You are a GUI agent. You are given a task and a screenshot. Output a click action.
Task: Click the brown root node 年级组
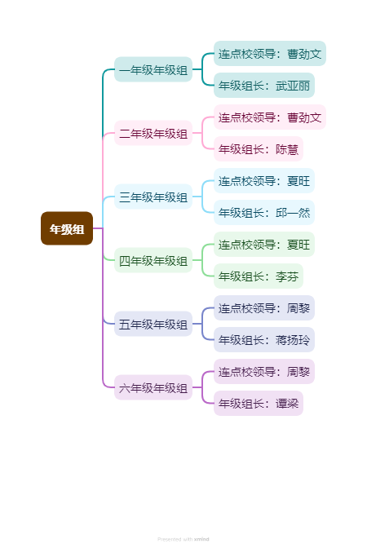pos(67,228)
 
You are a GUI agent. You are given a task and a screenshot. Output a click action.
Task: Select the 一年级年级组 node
pos(153,69)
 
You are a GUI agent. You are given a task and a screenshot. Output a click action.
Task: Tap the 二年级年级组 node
pos(153,133)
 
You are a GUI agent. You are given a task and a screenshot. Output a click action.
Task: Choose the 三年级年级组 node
pos(153,197)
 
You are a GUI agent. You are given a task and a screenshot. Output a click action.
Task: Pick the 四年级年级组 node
pos(153,260)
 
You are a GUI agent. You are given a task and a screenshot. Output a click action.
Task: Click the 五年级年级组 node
pos(153,324)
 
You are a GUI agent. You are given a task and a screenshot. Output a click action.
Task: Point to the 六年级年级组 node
pos(153,387)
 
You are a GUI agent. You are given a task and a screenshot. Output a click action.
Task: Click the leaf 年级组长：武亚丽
pos(264,86)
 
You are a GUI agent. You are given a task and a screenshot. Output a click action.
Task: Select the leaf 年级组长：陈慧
pos(259,149)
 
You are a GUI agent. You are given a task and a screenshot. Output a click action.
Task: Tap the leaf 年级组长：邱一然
pos(264,213)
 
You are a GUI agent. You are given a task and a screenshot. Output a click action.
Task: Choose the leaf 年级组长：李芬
pos(259,276)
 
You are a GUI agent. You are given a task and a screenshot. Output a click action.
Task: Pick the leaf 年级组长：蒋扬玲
pos(264,340)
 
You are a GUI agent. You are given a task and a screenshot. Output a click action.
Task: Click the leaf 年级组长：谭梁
pos(259,404)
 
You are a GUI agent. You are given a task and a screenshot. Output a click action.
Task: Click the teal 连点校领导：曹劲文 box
pos(270,54)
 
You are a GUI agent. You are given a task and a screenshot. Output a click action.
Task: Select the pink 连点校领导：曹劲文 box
pos(270,117)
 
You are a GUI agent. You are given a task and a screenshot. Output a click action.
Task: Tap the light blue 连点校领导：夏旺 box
pos(264,181)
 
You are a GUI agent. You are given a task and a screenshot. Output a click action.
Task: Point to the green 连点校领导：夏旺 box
pos(264,245)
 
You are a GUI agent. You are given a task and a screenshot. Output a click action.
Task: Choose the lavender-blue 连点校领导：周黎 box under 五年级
pos(264,308)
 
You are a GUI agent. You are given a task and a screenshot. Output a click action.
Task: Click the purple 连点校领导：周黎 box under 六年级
pos(264,372)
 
